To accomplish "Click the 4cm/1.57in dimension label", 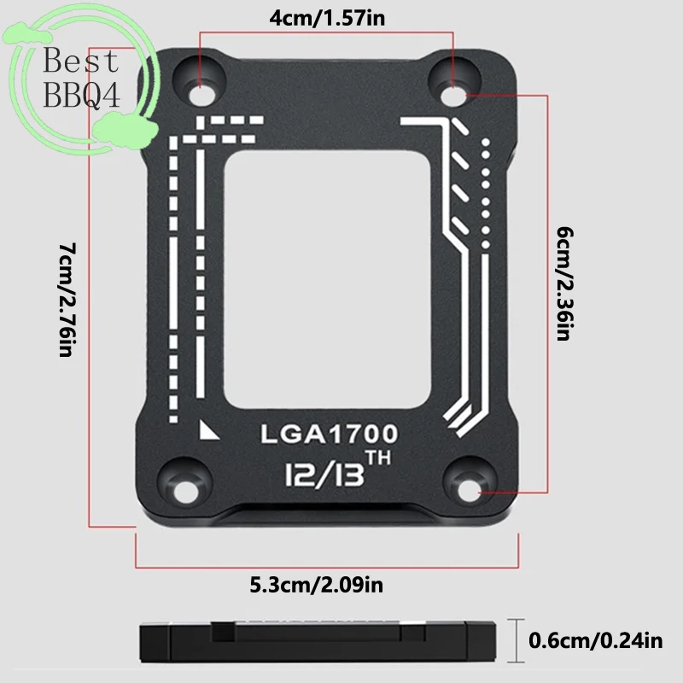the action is click(327, 19).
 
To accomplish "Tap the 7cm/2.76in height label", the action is click(67, 300).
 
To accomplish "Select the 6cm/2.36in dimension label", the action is click(565, 283).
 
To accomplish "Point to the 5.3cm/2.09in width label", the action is click(317, 585).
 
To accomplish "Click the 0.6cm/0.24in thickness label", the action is click(595, 640).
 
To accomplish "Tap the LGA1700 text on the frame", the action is click(330, 434).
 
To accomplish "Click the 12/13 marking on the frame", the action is click(324, 474).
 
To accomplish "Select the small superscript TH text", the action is click(378, 458).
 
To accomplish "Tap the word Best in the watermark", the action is click(81, 60).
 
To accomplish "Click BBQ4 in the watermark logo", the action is click(82, 95).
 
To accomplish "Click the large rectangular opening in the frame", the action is click(327, 280).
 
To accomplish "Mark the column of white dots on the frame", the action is click(486, 194).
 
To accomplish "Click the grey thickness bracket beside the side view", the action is click(517, 640).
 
